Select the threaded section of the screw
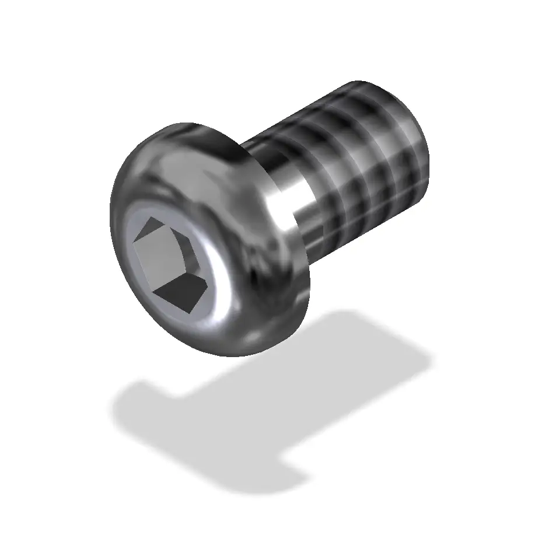pos(362,158)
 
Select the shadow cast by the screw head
pos(193,426)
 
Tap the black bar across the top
pos(279,23)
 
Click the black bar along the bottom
pos(279,534)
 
